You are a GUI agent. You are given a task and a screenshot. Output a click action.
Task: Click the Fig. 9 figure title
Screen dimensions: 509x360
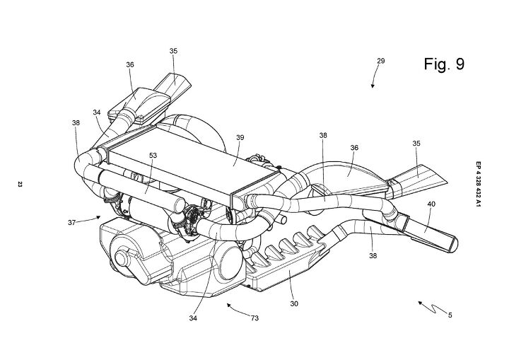444,64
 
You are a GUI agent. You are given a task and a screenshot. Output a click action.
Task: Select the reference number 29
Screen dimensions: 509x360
381,61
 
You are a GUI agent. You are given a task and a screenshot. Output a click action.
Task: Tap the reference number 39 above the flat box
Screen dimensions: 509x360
240,137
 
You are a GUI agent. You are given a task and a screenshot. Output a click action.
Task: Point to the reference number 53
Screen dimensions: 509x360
153,156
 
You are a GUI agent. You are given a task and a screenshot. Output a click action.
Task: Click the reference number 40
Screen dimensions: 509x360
431,204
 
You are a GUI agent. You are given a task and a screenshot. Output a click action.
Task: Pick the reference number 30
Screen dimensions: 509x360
294,304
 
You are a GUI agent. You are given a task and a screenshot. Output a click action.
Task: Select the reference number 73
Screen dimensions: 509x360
255,318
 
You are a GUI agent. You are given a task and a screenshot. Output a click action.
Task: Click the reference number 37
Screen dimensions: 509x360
71,223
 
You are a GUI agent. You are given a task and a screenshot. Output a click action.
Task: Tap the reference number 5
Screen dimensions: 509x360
450,315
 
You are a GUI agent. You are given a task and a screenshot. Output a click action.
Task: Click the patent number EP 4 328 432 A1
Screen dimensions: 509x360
478,184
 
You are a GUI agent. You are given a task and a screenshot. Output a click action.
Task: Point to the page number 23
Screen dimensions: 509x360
20,185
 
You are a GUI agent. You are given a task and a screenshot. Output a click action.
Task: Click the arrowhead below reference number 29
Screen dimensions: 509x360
373,86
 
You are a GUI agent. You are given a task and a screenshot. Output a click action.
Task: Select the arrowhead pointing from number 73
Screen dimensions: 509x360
229,305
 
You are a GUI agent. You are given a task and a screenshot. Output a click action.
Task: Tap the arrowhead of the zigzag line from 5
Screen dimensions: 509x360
420,303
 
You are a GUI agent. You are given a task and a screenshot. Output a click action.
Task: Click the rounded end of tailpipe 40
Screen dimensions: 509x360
454,244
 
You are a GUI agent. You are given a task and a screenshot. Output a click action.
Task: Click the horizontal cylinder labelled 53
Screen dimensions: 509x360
141,188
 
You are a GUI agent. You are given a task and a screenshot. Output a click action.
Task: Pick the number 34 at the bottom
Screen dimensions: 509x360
193,318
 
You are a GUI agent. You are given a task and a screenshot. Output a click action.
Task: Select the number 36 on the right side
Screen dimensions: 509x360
354,148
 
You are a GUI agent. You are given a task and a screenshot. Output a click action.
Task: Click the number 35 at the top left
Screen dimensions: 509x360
173,51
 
